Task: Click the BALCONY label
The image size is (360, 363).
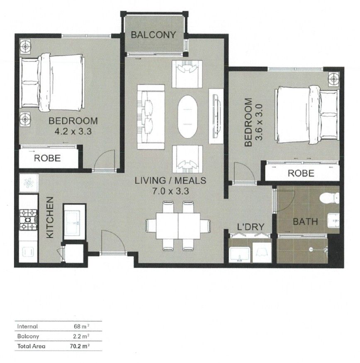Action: [153, 35]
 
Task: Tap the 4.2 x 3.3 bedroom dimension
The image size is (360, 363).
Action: [73, 132]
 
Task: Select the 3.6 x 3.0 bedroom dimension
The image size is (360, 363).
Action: [260, 122]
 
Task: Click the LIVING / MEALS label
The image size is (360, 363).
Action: [170, 181]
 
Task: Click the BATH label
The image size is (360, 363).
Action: [305, 222]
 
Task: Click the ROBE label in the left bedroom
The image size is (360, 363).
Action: [47, 158]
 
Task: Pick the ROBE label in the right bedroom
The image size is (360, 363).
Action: [301, 173]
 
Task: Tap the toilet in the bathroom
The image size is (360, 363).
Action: [330, 199]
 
